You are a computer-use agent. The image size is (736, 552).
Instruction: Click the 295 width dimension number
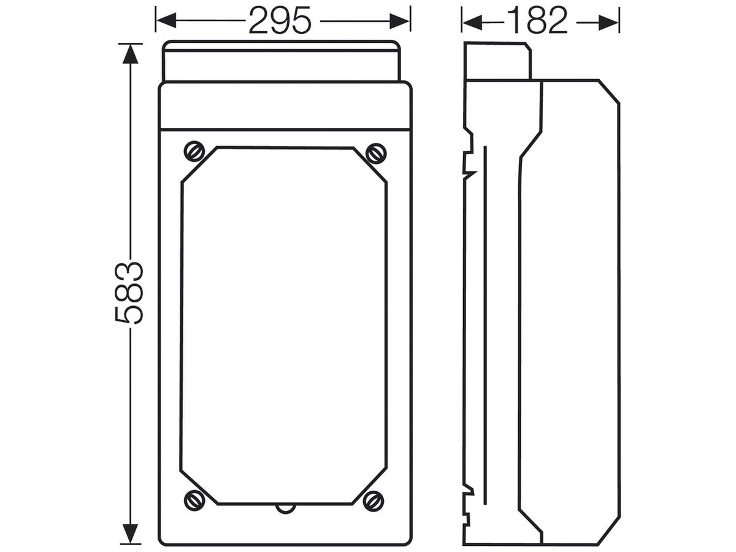coord(280,21)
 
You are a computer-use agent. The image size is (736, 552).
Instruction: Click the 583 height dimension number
coord(129,293)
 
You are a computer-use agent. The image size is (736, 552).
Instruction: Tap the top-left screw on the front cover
coord(194,151)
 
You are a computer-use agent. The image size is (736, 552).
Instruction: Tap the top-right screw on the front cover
coord(376,153)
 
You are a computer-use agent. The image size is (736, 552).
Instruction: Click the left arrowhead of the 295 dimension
coord(166,21)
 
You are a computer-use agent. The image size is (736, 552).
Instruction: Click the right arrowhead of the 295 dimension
coord(400,21)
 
